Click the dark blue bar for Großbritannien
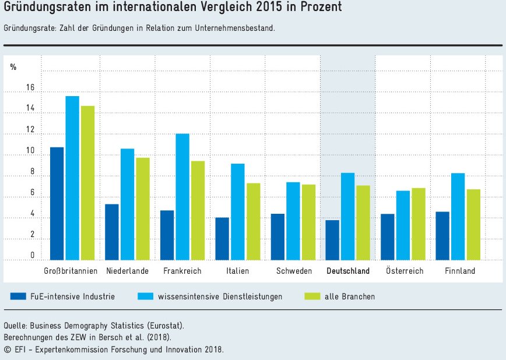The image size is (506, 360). coord(57,203)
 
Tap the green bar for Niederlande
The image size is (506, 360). coord(143,209)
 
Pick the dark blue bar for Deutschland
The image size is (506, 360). coord(332,240)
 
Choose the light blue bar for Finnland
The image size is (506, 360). coord(458,216)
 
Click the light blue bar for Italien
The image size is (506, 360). coord(237,211)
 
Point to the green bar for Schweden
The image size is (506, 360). coord(308,222)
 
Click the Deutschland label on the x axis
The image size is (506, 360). coord(348,271)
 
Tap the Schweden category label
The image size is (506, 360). coord(293,271)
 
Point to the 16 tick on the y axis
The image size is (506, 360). coord(30,88)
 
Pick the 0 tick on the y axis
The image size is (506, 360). coord(32,256)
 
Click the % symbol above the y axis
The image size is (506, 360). coord(13,67)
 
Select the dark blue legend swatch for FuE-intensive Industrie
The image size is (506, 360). coord(18,297)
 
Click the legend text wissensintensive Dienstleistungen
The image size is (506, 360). coord(220,297)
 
